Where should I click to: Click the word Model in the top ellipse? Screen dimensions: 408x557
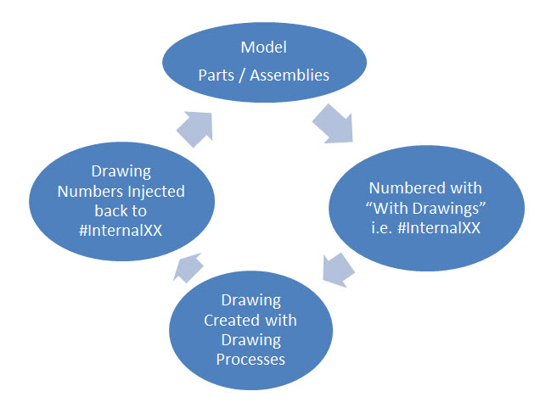click(264, 48)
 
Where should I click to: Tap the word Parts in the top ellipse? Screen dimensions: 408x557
click(216, 75)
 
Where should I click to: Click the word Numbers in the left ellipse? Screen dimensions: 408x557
click(89, 191)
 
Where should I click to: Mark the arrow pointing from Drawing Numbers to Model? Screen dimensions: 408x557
click(193, 126)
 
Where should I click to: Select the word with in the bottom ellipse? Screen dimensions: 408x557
click(281, 320)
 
